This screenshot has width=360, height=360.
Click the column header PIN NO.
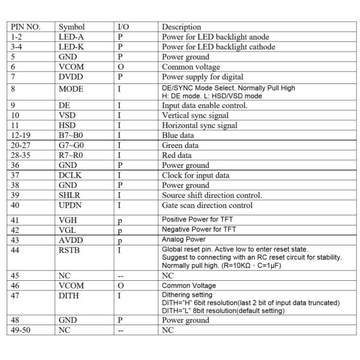[x=25, y=27]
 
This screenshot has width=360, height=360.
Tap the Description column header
[x=182, y=27]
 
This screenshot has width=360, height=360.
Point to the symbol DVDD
[x=70, y=77]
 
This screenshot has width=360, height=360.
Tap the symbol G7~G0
[x=72, y=145]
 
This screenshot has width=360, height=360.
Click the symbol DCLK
[x=70, y=175]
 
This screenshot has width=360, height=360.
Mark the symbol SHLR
[x=70, y=195]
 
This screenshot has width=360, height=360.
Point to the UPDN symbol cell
[x=70, y=205]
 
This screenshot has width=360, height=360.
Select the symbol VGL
[x=67, y=230]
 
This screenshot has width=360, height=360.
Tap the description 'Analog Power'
[x=185, y=239]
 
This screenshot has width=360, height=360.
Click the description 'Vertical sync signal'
[x=196, y=116]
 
